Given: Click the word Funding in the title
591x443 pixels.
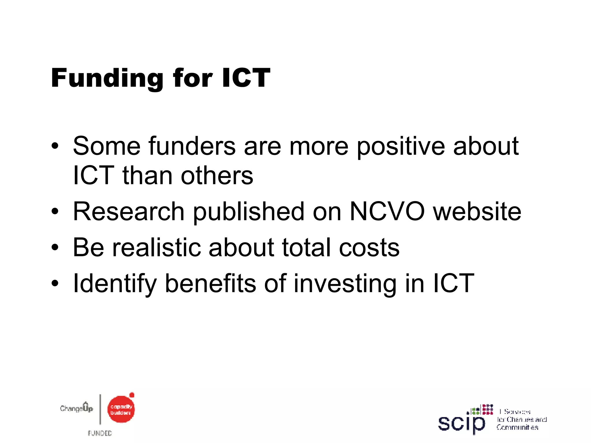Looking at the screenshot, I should pyautogui.click(x=107, y=78).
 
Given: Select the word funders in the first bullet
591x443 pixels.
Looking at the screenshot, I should pyautogui.click(x=192, y=146).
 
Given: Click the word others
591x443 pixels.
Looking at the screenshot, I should pyautogui.click(x=217, y=176).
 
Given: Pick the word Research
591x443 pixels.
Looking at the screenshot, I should pyautogui.click(x=129, y=211).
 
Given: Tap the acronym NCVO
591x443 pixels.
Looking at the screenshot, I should pyautogui.click(x=387, y=211).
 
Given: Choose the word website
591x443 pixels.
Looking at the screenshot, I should pyautogui.click(x=477, y=211).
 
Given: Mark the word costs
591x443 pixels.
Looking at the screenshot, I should pyautogui.click(x=369, y=247).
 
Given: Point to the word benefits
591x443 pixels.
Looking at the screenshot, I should pyautogui.click(x=210, y=283).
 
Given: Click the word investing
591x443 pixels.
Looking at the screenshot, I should pyautogui.click(x=345, y=284).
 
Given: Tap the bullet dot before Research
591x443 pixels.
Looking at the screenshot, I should pyautogui.click(x=55, y=212).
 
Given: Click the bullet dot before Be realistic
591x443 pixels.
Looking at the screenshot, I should pyautogui.click(x=55, y=247).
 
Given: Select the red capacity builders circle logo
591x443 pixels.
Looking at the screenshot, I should pyautogui.click(x=121, y=409).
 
